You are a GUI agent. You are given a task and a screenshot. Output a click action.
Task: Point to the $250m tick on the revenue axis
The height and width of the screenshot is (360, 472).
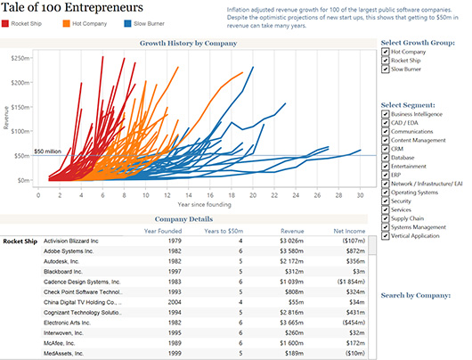pos(18,56)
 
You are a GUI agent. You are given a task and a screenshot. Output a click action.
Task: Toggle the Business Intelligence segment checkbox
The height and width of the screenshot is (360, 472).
pos(384,114)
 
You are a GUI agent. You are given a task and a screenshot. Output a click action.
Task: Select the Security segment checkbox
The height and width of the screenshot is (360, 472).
pos(384,202)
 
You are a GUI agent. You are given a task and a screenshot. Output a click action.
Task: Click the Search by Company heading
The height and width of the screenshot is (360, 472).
pos(414,295)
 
